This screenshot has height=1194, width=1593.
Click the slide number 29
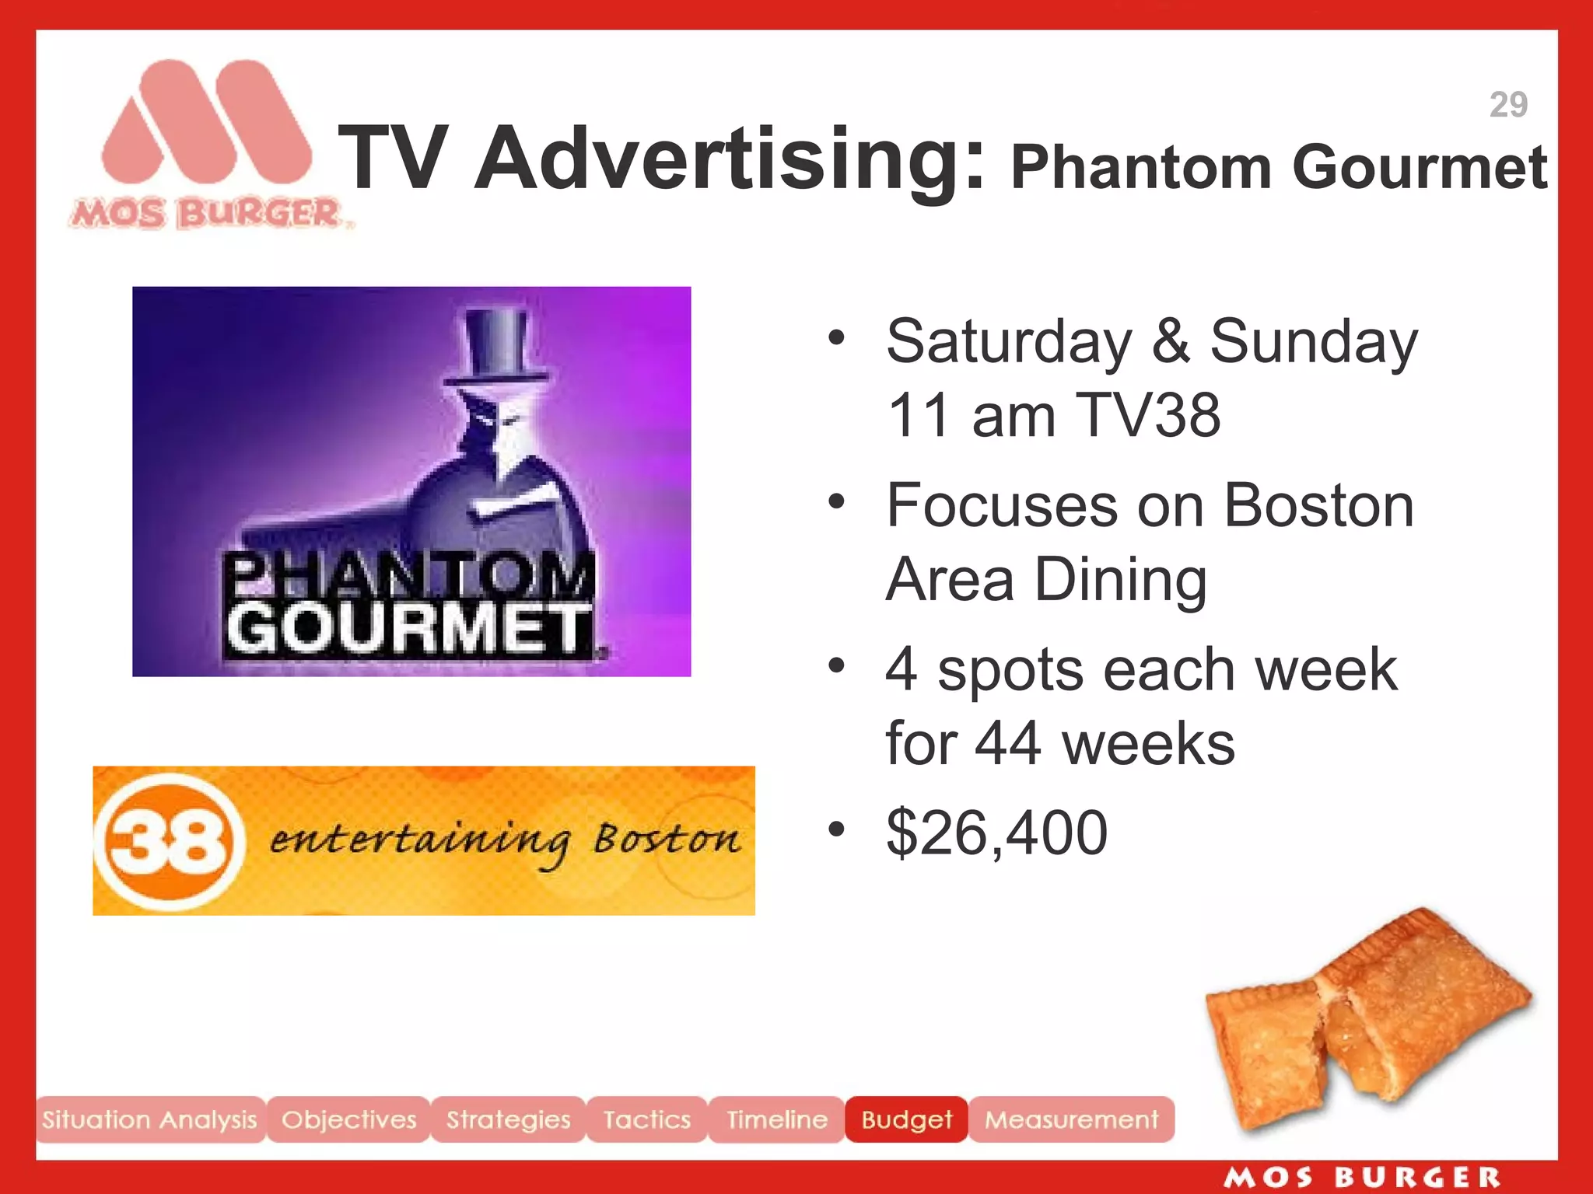tap(1508, 105)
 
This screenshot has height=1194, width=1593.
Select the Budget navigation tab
tap(906, 1119)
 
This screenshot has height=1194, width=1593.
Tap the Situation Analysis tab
tap(149, 1119)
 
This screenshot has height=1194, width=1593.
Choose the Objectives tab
tap(348, 1119)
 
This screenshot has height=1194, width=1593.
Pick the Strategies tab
tap(508, 1119)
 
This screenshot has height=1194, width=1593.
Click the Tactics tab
tap(646, 1119)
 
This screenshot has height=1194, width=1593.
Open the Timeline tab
tap(776, 1119)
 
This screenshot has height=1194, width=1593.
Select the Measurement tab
tap(1071, 1119)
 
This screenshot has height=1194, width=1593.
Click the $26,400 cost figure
tap(996, 833)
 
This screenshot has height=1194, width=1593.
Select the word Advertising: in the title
tap(731, 159)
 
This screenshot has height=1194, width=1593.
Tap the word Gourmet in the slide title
tap(1420, 167)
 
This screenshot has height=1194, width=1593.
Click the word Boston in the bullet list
tap(1318, 506)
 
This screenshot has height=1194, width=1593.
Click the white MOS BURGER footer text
tap(1361, 1177)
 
